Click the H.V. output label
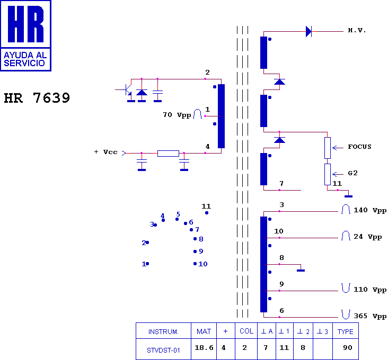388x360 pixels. point(357,30)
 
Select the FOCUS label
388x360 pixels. point(359,147)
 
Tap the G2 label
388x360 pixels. point(352,173)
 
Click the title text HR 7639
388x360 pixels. point(37,98)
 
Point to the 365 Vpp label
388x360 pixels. point(370,316)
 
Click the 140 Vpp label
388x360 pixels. point(370,210)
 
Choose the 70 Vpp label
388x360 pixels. point(177,115)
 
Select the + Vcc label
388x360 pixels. point(105,152)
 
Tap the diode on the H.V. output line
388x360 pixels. point(308,32)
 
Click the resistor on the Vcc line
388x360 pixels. point(168,154)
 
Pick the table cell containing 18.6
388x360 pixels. point(204,349)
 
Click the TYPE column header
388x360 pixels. point(346,331)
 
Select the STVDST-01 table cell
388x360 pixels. point(163,349)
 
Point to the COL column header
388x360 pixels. point(246,331)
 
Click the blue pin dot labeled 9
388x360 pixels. point(195,251)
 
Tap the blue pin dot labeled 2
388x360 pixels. point(147,242)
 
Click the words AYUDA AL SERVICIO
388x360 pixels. point(25,59)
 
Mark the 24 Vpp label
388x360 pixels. point(368,237)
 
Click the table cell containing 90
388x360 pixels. point(346,349)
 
